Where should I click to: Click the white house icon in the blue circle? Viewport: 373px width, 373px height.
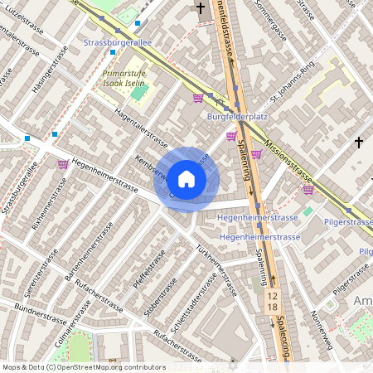(x=186, y=179)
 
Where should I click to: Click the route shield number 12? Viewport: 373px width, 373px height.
(x=272, y=294)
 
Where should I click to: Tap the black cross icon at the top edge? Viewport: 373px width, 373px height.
(x=200, y=8)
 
